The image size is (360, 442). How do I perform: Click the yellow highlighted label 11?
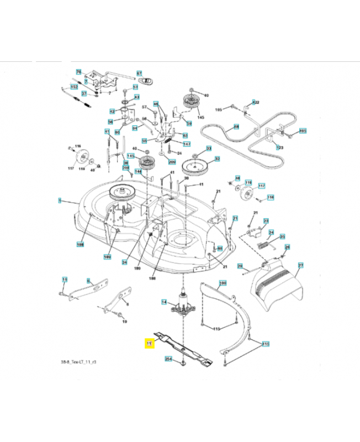coord(149,344)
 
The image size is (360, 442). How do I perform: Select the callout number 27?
coord(300,266)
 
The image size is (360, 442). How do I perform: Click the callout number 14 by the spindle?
coord(163,302)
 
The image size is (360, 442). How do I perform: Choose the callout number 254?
coord(168,359)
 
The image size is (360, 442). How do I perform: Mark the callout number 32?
coord(217,159)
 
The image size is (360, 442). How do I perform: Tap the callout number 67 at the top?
coord(139,73)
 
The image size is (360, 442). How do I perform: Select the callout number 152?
coord(73,88)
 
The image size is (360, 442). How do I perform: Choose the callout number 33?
coord(209,148)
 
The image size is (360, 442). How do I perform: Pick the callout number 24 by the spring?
coord(271,233)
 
